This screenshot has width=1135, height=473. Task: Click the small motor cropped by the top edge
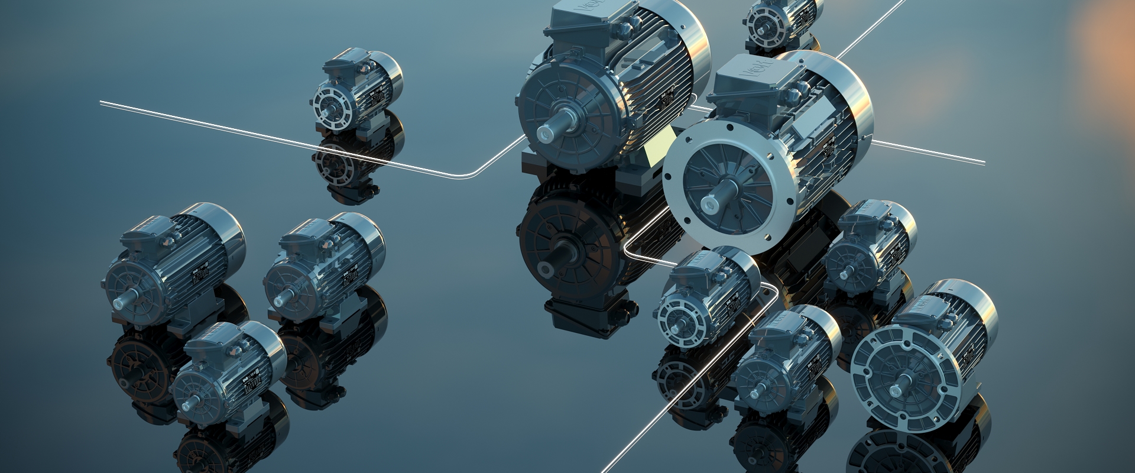(780, 21)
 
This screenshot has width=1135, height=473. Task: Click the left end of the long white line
(102, 102)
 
